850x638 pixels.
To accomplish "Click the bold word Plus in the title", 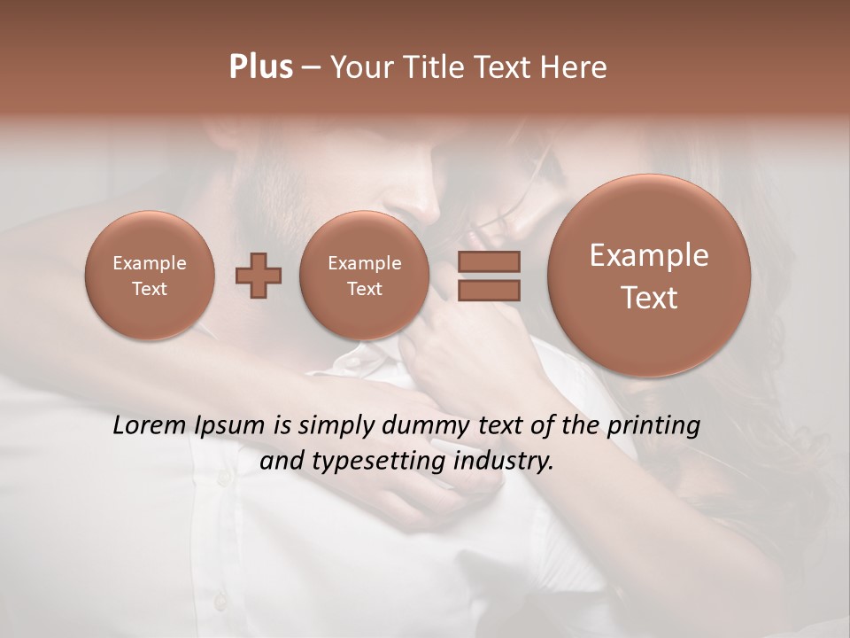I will [x=260, y=67].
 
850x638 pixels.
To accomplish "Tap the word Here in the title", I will [x=575, y=67].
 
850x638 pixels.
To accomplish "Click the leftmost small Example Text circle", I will [x=149, y=276].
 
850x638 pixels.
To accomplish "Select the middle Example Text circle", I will [x=364, y=276].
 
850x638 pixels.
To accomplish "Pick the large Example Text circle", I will [x=649, y=276].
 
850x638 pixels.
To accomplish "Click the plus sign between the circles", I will [x=259, y=276].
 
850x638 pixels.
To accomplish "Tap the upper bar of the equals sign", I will [x=489, y=261].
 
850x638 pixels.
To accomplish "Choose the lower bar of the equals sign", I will [x=489, y=290].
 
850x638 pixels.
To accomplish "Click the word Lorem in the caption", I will [x=149, y=425].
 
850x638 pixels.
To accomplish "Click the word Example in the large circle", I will [x=649, y=255].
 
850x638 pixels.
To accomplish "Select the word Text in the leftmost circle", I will [x=149, y=289].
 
